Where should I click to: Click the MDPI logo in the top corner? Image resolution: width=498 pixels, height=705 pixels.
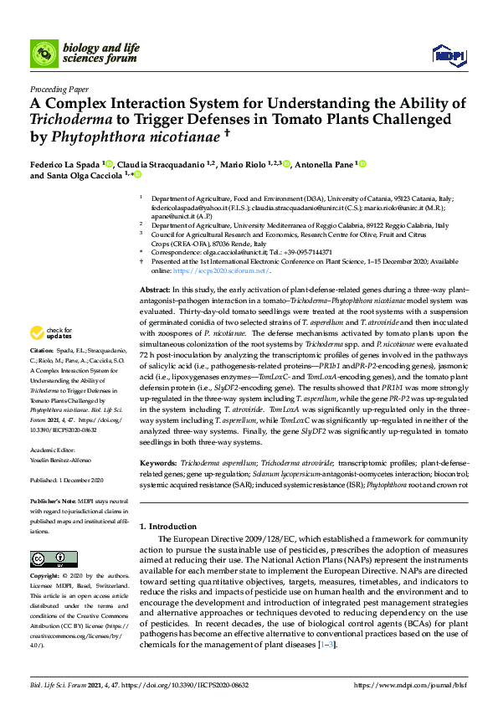click(x=448, y=55)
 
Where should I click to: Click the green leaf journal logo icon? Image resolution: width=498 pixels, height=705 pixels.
click(x=43, y=54)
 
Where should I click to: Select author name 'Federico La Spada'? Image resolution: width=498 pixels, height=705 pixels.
click(x=64, y=165)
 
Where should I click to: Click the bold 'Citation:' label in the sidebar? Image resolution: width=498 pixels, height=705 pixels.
click(x=41, y=373)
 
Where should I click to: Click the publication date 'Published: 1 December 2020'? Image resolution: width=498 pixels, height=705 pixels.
click(x=66, y=481)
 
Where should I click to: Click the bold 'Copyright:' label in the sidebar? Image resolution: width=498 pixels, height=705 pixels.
click(x=45, y=576)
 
